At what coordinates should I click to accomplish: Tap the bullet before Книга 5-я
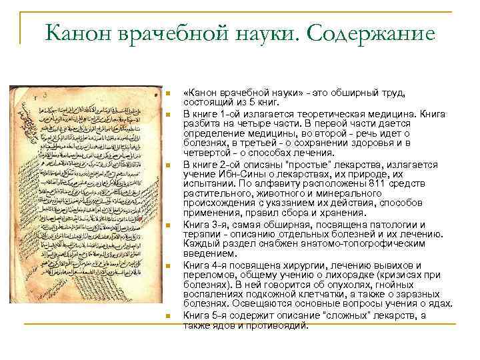[x=169, y=315]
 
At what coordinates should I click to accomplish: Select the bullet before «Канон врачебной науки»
[x=169, y=93]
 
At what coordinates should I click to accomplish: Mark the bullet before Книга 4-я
[x=169, y=265]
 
